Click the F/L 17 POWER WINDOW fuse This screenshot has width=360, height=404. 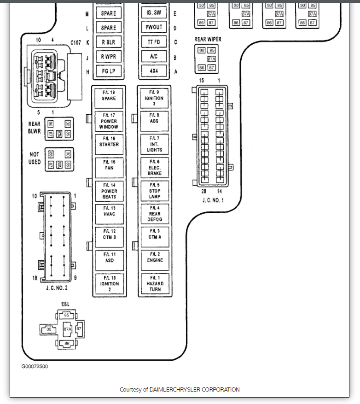pyautogui.click(x=109, y=121)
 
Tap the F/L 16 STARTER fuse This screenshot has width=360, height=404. pyautogui.click(x=109, y=144)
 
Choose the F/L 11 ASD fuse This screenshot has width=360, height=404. pyautogui.click(x=109, y=260)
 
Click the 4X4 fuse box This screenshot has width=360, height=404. pyautogui.click(x=154, y=71)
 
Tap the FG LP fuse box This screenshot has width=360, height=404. pyautogui.click(x=109, y=71)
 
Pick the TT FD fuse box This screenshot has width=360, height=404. pyautogui.click(x=154, y=42)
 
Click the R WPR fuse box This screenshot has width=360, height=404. pyautogui.click(x=109, y=57)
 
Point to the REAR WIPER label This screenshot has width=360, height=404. pyautogui.click(x=208, y=40)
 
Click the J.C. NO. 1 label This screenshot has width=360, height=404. pyautogui.click(x=213, y=200)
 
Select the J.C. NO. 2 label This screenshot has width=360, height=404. pyautogui.click(x=57, y=288)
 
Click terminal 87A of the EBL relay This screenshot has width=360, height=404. pyautogui.click(x=68, y=329)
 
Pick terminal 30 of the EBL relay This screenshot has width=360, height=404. pyautogui.click(x=48, y=329)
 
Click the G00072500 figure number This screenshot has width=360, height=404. pyautogui.click(x=35, y=367)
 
